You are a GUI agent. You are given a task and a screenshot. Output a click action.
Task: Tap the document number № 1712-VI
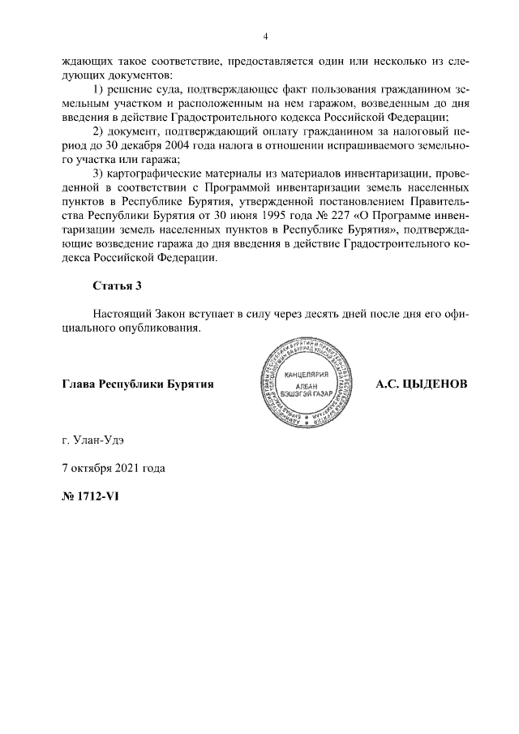90,496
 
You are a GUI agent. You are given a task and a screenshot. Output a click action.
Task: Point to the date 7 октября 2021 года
113,468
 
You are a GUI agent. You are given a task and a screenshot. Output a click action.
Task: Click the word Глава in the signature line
79,384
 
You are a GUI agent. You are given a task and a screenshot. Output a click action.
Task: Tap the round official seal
306,384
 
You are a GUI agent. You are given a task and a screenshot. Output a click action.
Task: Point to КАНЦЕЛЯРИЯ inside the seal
305,376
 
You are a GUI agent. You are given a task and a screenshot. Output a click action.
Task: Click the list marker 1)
99,88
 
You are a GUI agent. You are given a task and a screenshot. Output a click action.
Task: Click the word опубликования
161,331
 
